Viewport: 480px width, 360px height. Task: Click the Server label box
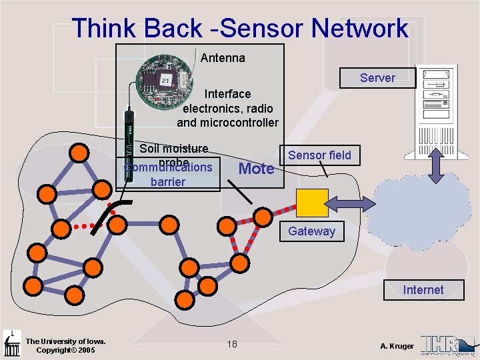pos(377,78)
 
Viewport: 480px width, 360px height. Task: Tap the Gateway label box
pos(311,231)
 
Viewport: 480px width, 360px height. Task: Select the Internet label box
pos(423,290)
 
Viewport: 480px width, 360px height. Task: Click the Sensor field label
pos(319,155)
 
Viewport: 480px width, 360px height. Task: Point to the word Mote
pos(256,169)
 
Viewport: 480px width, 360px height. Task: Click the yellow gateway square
pos(312,203)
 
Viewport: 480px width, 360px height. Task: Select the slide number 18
pos(232,344)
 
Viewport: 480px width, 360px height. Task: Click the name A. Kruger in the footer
pos(397,345)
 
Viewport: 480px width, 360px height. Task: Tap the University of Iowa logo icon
pos(11,344)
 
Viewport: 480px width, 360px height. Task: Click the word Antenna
pos(223,58)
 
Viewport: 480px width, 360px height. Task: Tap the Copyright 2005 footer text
pos(65,351)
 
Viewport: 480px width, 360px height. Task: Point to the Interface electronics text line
pos(227,94)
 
